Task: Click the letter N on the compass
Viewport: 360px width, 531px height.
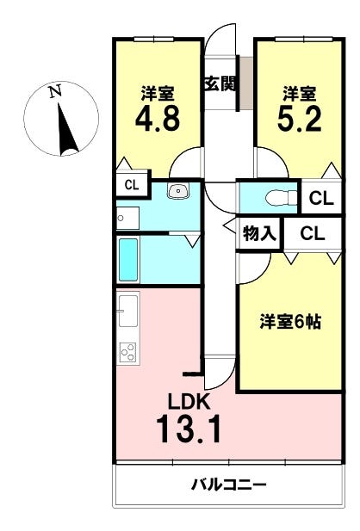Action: pos(54,91)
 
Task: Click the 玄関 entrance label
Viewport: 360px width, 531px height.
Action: pos(220,83)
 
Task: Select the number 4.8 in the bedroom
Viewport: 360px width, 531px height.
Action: pos(158,119)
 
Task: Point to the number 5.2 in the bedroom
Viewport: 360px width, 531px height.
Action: pos(300,119)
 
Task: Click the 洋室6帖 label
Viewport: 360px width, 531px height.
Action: pos(290,322)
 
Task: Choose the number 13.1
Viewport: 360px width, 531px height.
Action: pos(189,429)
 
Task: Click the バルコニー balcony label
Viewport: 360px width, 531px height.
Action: pos(229,485)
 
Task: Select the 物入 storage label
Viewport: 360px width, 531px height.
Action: pos(259,233)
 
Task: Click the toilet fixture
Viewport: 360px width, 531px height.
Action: pos(282,198)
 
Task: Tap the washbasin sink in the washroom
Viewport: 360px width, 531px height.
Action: pos(178,192)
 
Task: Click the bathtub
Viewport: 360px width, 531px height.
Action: pos(128,260)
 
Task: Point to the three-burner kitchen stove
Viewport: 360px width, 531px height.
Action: pos(128,352)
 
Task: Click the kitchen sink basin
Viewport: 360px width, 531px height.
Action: pos(128,311)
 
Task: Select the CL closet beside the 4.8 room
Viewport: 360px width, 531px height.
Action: pos(132,185)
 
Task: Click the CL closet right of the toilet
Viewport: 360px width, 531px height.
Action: pos(321,199)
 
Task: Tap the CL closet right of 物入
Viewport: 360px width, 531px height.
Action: pos(313,233)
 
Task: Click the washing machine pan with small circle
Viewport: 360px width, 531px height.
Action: pos(127,218)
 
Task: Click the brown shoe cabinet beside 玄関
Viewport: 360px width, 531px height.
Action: pos(247,83)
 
